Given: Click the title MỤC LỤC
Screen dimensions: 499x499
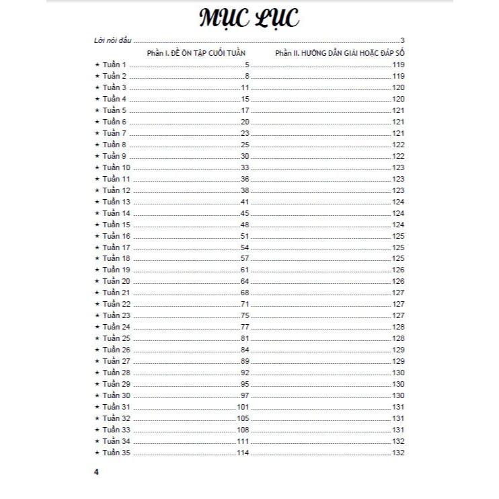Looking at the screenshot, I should click(249, 19).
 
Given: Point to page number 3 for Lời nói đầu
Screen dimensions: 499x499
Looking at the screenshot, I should click(401, 41).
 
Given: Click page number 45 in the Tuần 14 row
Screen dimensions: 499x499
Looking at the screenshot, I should click(245, 213).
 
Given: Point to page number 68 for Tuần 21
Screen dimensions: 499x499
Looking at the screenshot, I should click(245, 293).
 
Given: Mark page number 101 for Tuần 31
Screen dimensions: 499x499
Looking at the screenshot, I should click(243, 408).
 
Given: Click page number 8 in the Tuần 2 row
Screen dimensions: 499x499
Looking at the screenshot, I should click(247, 76).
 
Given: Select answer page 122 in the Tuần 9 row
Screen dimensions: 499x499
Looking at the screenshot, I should click(397, 156).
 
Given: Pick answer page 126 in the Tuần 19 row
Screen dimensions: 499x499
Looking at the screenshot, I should click(397, 270).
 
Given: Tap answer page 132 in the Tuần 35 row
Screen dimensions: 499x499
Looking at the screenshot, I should click(397, 453).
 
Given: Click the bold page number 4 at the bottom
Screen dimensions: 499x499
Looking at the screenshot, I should click(97, 472).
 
